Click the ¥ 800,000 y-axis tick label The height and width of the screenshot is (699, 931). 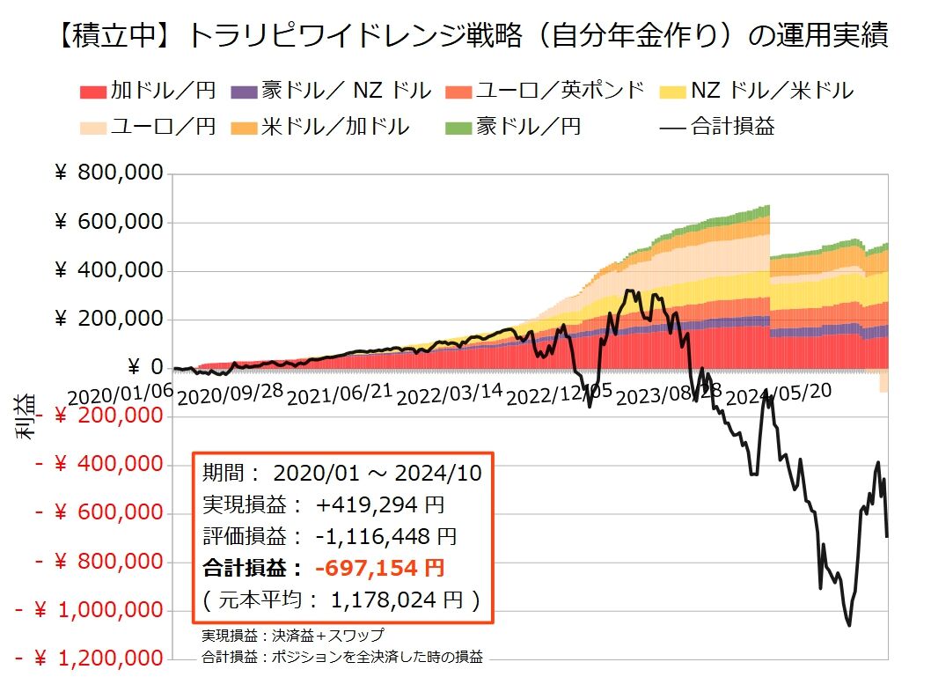109,173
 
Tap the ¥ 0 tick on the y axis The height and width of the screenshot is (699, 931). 144,367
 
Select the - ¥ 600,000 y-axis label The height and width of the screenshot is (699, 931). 99,512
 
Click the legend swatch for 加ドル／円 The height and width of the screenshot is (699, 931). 93,90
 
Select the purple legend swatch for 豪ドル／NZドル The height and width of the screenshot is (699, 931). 244,90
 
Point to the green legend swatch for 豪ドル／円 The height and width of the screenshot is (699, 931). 459,127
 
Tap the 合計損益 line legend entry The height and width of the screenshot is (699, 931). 716,127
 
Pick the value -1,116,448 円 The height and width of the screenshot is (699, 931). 386,536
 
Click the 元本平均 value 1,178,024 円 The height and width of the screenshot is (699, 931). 397,600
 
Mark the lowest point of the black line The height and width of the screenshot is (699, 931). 849,625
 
